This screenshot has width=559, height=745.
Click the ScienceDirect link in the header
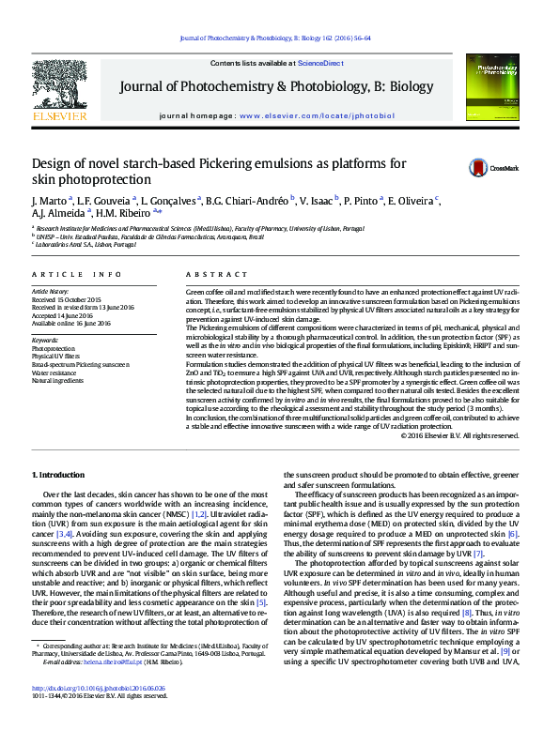point(319,62)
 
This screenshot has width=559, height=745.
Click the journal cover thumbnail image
point(498,90)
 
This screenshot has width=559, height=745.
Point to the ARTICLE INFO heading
point(76,274)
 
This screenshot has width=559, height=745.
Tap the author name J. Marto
point(47,201)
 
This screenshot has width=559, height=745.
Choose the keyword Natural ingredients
point(59,380)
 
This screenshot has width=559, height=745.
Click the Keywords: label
point(45,339)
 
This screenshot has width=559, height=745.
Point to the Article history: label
point(51,291)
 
